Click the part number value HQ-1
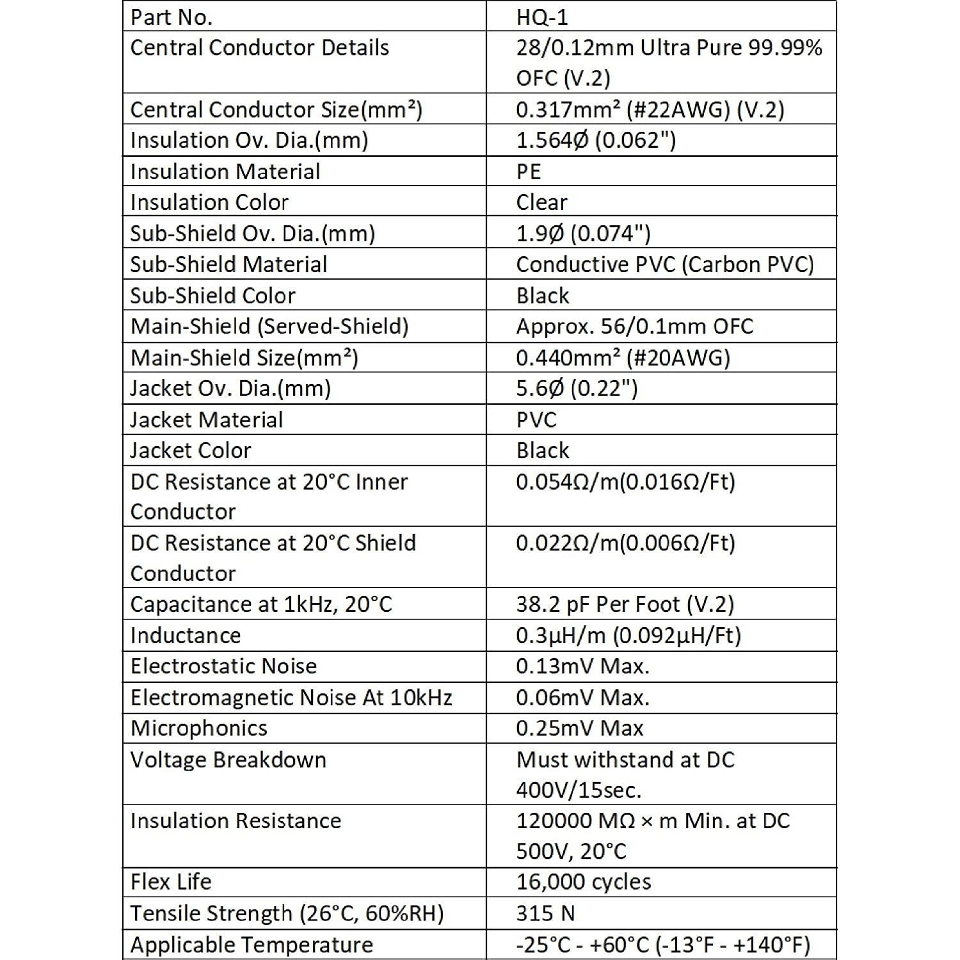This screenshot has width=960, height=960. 541,17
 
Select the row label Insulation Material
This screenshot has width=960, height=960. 225,172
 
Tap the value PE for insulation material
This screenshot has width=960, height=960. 528,172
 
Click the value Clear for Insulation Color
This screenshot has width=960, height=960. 541,202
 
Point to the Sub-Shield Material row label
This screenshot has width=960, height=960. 228,264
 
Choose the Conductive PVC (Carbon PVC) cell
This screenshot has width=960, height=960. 664,264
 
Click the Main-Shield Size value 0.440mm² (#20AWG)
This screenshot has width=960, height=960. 623,357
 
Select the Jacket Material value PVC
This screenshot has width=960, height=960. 536,419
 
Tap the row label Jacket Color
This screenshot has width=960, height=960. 190,451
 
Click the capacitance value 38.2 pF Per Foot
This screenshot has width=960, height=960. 625,604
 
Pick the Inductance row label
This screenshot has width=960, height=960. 186,636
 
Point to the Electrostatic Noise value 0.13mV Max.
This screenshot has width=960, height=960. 582,666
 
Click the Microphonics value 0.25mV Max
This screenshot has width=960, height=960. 579,728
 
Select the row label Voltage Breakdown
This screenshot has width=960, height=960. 228,760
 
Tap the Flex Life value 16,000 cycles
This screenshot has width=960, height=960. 584,882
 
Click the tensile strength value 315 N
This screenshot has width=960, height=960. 545,913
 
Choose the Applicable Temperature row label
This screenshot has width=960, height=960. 252,945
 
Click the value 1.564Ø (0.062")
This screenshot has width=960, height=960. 596,140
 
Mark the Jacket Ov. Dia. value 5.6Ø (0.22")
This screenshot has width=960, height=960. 577,388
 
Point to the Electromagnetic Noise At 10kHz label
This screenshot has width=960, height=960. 291,698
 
